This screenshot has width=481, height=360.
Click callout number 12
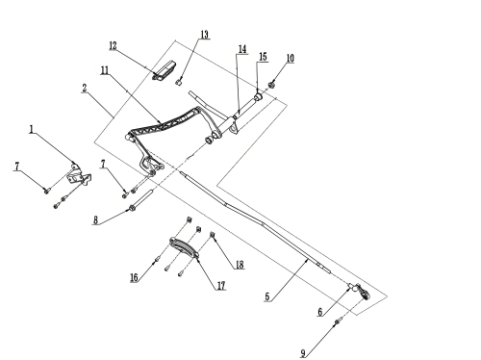tap(113, 46)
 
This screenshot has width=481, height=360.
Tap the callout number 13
tap(205, 35)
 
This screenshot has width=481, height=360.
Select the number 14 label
tap(242, 49)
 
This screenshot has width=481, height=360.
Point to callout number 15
tap(263, 57)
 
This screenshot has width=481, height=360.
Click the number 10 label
tap(290, 59)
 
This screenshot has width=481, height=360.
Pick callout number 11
tap(105, 70)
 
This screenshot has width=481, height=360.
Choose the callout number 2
tap(85, 88)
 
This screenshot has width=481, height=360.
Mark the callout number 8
tap(95, 220)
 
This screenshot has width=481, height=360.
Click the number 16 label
tap(134, 277)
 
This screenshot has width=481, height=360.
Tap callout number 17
tap(221, 286)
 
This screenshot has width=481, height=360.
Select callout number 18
tap(240, 265)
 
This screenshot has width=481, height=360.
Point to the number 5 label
tap(267, 296)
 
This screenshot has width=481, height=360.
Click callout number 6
tap(320, 312)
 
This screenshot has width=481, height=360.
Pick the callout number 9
tap(303, 353)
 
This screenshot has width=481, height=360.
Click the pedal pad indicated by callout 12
tap(164, 70)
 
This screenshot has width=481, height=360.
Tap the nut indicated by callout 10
tap(272, 85)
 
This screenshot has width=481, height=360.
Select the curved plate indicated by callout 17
tap(184, 247)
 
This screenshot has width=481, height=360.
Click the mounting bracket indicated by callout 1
tap(79, 174)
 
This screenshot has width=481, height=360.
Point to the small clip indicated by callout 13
tap(179, 82)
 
